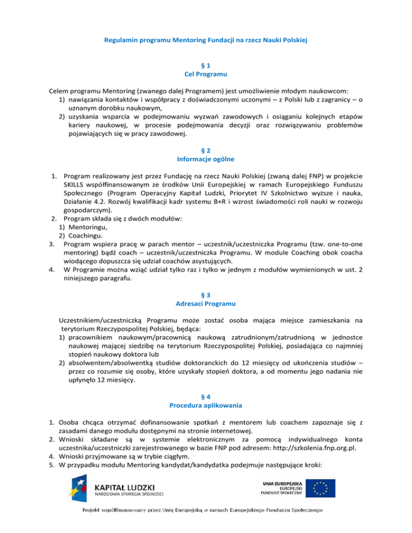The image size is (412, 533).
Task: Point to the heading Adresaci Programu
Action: (x=206, y=289)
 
